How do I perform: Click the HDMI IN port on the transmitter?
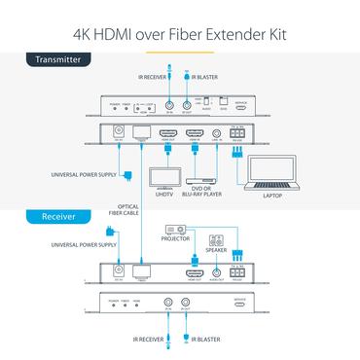click(193, 136)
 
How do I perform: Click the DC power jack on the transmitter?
click(120, 138)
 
